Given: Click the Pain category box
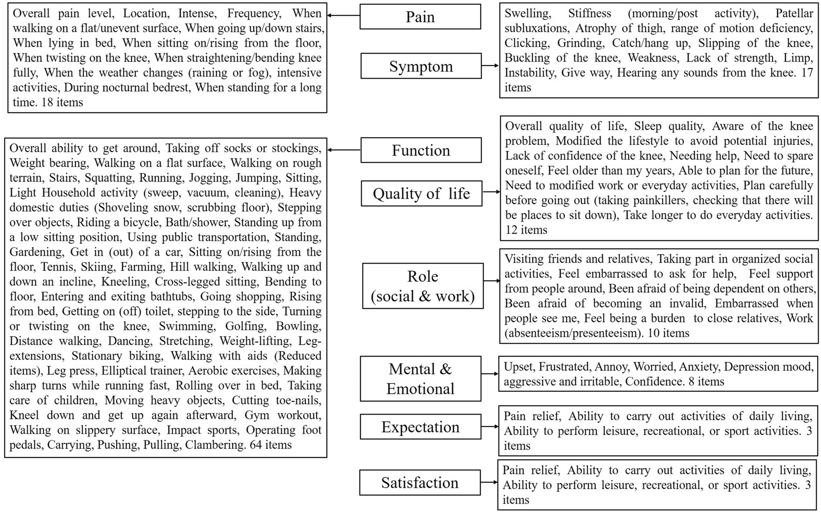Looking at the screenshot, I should click(420, 17).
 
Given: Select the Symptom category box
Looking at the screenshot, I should click(421, 66).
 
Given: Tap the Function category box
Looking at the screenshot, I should click(421, 150).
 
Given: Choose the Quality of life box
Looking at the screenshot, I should click(421, 193).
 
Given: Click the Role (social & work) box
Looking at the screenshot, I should click(422, 286).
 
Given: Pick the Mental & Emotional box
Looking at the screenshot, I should click(420, 379).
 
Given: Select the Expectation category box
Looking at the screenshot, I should click(420, 427).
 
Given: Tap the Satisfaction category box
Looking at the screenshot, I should click(420, 483).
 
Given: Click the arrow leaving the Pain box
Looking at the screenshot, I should click(343, 15).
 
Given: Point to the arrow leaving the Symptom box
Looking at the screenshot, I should click(490, 65).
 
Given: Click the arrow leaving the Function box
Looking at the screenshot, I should click(344, 150).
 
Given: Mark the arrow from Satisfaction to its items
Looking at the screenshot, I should click(489, 482).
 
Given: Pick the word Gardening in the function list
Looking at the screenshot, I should click(36, 252).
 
